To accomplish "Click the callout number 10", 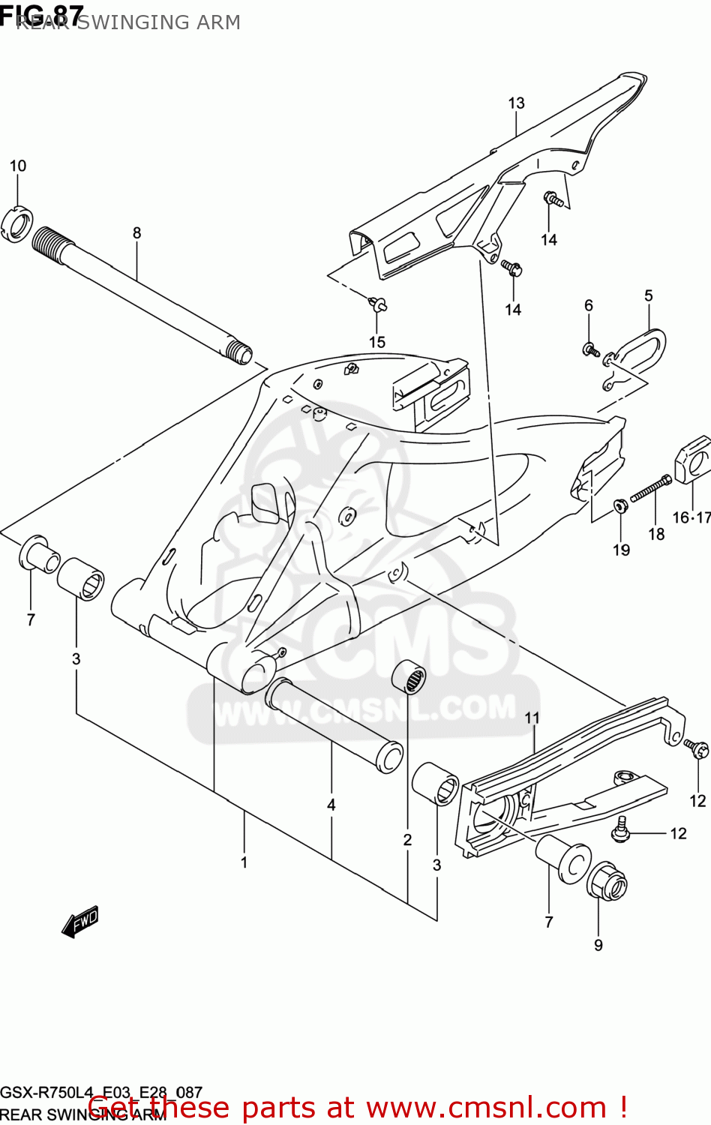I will tap(18, 166).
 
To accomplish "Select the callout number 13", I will tap(516, 103).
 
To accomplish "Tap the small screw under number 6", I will tap(589, 349).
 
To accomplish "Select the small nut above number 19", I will tap(620, 505).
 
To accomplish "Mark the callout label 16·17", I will tap(691, 517).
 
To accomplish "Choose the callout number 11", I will tap(532, 718).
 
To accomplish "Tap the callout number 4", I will tap(331, 805).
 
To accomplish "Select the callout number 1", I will tap(244, 862).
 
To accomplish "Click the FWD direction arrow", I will tap(80, 922).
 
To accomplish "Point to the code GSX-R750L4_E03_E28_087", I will tap(101, 1093).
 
